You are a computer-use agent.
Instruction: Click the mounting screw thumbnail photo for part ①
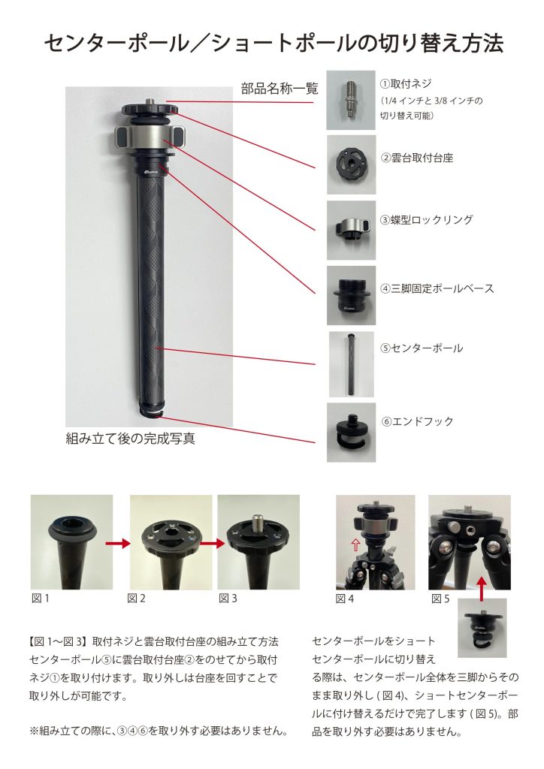(351, 100)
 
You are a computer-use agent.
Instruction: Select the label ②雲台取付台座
(417, 158)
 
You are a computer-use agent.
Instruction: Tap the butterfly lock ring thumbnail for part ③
(351, 230)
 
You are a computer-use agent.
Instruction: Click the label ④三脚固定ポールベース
(437, 288)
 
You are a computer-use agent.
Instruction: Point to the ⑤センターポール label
(422, 348)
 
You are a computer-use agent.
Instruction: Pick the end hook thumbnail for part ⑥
(351, 432)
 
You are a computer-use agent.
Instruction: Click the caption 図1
(41, 598)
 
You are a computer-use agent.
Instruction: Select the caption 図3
(228, 598)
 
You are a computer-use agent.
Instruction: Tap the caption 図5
(440, 599)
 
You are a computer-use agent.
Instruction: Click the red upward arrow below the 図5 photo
(482, 588)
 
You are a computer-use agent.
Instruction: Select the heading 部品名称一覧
(280, 89)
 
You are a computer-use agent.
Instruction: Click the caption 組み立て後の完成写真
(131, 438)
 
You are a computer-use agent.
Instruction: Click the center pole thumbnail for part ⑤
(351, 364)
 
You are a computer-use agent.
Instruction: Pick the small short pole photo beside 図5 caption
(482, 628)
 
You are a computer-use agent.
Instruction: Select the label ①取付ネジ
(406, 84)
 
